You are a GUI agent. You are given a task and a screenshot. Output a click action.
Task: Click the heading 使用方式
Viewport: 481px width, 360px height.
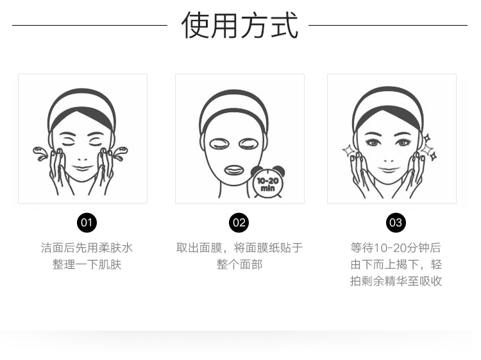[240, 25]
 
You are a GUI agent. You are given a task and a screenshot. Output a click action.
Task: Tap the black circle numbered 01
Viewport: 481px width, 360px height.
[87, 223]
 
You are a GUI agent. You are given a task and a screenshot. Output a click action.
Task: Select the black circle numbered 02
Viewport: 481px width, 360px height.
[239, 223]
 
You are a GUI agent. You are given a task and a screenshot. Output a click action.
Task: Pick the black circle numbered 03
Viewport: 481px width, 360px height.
[396, 223]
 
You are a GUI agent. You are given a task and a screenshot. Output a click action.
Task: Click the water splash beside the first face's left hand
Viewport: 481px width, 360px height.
[40, 153]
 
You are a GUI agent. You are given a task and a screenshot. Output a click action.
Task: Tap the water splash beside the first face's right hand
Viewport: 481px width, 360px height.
[121, 153]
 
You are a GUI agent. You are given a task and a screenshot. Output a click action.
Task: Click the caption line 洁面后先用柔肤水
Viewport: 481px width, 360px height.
[87, 248]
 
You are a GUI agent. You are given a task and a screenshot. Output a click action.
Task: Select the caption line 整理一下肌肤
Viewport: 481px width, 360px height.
[87, 264]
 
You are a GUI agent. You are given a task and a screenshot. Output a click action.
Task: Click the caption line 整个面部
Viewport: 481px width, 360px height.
[240, 264]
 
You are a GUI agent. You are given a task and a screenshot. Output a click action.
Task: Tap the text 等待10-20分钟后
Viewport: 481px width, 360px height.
[396, 248]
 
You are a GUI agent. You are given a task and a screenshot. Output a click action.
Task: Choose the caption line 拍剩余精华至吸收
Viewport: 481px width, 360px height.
[396, 281]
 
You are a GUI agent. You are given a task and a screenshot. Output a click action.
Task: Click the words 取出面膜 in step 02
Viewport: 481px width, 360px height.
[199, 248]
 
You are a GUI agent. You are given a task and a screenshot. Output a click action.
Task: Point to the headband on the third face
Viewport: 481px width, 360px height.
[389, 110]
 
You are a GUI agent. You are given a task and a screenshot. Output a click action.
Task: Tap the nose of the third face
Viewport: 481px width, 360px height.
[389, 160]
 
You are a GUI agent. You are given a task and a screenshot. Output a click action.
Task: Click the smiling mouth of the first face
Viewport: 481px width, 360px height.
[83, 167]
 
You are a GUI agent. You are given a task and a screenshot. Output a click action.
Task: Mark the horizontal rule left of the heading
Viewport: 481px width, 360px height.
[90, 25]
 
